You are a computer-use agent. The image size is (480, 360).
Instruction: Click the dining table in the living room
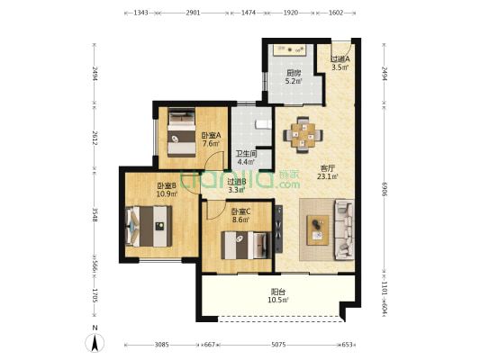pos(303,135)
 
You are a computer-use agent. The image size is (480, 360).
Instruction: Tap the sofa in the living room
pos(344,229)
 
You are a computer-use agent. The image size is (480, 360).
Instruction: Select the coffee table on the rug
pos(318,230)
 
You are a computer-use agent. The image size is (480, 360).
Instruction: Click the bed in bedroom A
pos(182,132)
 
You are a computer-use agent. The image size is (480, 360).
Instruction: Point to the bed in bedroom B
pos(149,226)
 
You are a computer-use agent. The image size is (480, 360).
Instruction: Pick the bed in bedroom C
pos(247,246)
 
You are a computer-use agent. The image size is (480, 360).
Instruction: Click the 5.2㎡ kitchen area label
pos(294,81)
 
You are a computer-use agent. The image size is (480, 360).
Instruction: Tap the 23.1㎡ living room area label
pos(328,176)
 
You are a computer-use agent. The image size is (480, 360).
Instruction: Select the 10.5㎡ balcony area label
pos(278,300)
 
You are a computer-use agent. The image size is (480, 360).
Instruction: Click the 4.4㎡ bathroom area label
pos(246,162)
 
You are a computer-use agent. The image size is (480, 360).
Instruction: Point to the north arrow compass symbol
pos(95,343)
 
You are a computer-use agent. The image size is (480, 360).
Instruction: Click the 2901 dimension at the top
pos(193,13)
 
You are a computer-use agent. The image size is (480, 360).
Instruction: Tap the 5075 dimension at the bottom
pos(278,345)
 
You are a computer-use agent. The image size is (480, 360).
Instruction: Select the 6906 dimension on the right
pos(385,189)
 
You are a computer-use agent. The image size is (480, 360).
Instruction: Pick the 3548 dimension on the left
pos(95,215)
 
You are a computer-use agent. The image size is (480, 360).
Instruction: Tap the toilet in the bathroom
pos(263,124)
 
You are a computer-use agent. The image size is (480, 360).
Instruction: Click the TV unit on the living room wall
pos(278,229)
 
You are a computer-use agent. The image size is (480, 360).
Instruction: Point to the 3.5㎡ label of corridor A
pos(340,67)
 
